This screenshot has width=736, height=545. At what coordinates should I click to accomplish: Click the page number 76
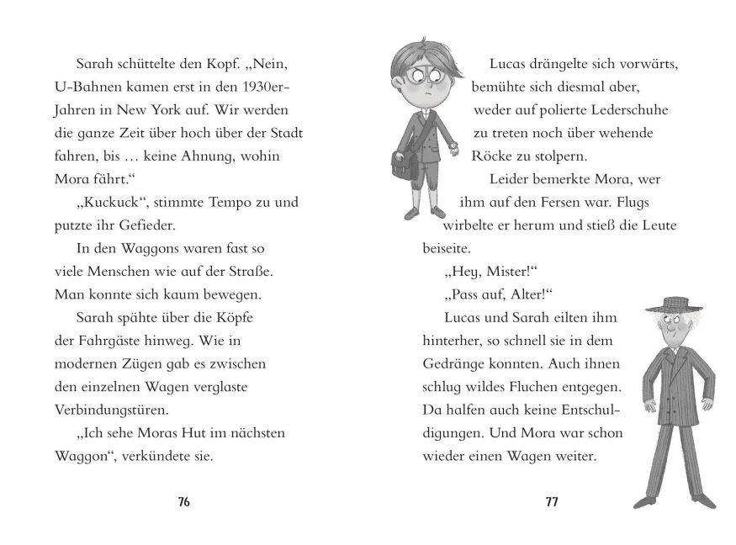click(185, 502)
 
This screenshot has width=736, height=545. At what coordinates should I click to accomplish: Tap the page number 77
click(552, 502)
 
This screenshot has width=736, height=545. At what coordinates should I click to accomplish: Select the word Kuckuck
click(106, 203)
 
